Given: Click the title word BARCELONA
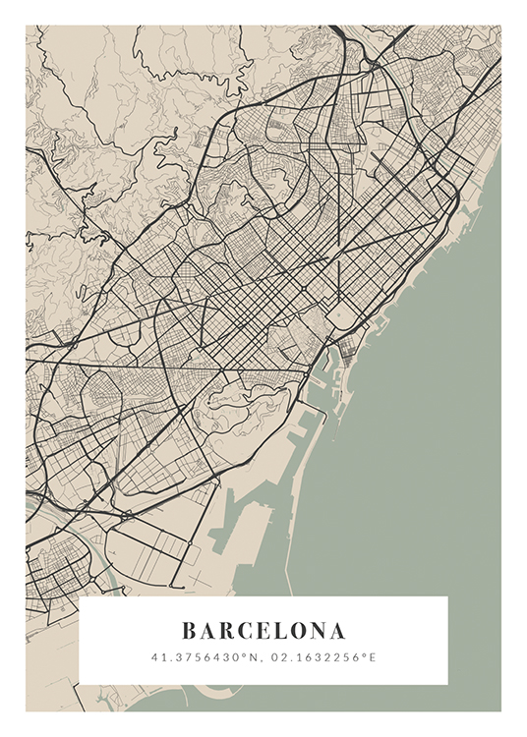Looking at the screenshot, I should (263, 630).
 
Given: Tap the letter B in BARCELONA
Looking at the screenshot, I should (190, 630).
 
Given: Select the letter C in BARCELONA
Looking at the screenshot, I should (245, 630).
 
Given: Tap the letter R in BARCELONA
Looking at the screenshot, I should (226, 630).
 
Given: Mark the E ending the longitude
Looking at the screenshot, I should (373, 656).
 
